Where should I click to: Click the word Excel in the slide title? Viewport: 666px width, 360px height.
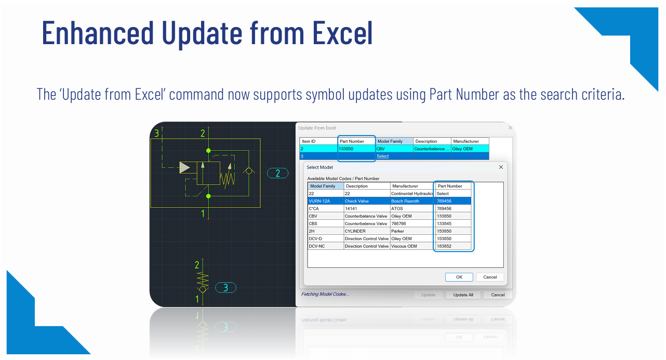point(342,33)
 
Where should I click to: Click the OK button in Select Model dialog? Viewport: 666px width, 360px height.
point(459,277)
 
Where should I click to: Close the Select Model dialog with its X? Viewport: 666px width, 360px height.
point(501,167)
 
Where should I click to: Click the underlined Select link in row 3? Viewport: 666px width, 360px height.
point(383,156)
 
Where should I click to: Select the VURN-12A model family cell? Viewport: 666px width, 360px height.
point(326,201)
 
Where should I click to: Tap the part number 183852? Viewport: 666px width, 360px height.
point(453,246)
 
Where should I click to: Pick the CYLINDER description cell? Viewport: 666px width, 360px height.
point(367,231)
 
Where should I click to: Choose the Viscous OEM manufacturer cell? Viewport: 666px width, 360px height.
point(412,246)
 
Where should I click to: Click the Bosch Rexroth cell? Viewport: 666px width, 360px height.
point(412,201)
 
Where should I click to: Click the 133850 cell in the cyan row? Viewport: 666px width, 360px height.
point(356,149)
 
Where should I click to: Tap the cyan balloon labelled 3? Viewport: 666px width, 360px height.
point(225,288)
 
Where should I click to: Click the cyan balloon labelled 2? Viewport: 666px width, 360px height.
point(278,173)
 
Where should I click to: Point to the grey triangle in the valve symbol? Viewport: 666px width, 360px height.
point(184,168)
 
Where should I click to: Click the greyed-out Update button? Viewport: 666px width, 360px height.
point(428,295)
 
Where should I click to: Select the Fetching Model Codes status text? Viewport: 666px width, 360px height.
point(325,294)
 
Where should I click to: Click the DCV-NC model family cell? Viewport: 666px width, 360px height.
point(326,246)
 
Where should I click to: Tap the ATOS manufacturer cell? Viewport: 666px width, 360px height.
point(412,208)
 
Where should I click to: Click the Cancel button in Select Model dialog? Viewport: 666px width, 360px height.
point(490,277)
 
